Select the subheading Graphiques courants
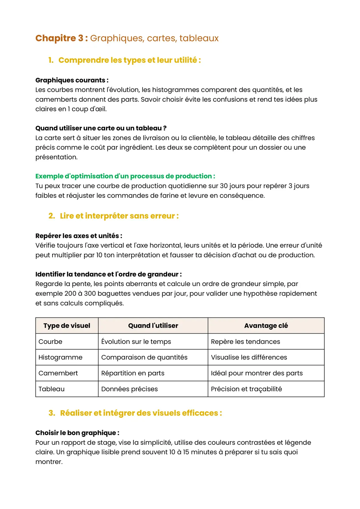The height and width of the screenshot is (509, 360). click(72, 80)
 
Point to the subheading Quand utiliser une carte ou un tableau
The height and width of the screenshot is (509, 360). click(101, 128)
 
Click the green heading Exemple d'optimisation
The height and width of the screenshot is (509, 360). click(125, 176)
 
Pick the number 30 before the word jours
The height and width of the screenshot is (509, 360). click(224, 186)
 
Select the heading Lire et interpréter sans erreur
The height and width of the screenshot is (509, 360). click(119, 216)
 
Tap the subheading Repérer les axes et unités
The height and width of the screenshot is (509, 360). click(79, 236)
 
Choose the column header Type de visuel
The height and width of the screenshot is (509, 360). click(67, 326)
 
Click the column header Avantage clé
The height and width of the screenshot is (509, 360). click(266, 326)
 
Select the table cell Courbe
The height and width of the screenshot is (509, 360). click(50, 342)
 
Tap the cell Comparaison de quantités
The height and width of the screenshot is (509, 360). click(144, 357)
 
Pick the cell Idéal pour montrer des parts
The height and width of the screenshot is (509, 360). click(257, 373)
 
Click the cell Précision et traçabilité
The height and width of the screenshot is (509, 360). click(246, 389)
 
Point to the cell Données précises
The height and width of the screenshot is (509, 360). click(130, 389)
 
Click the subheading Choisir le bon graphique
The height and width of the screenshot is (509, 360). click(77, 433)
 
